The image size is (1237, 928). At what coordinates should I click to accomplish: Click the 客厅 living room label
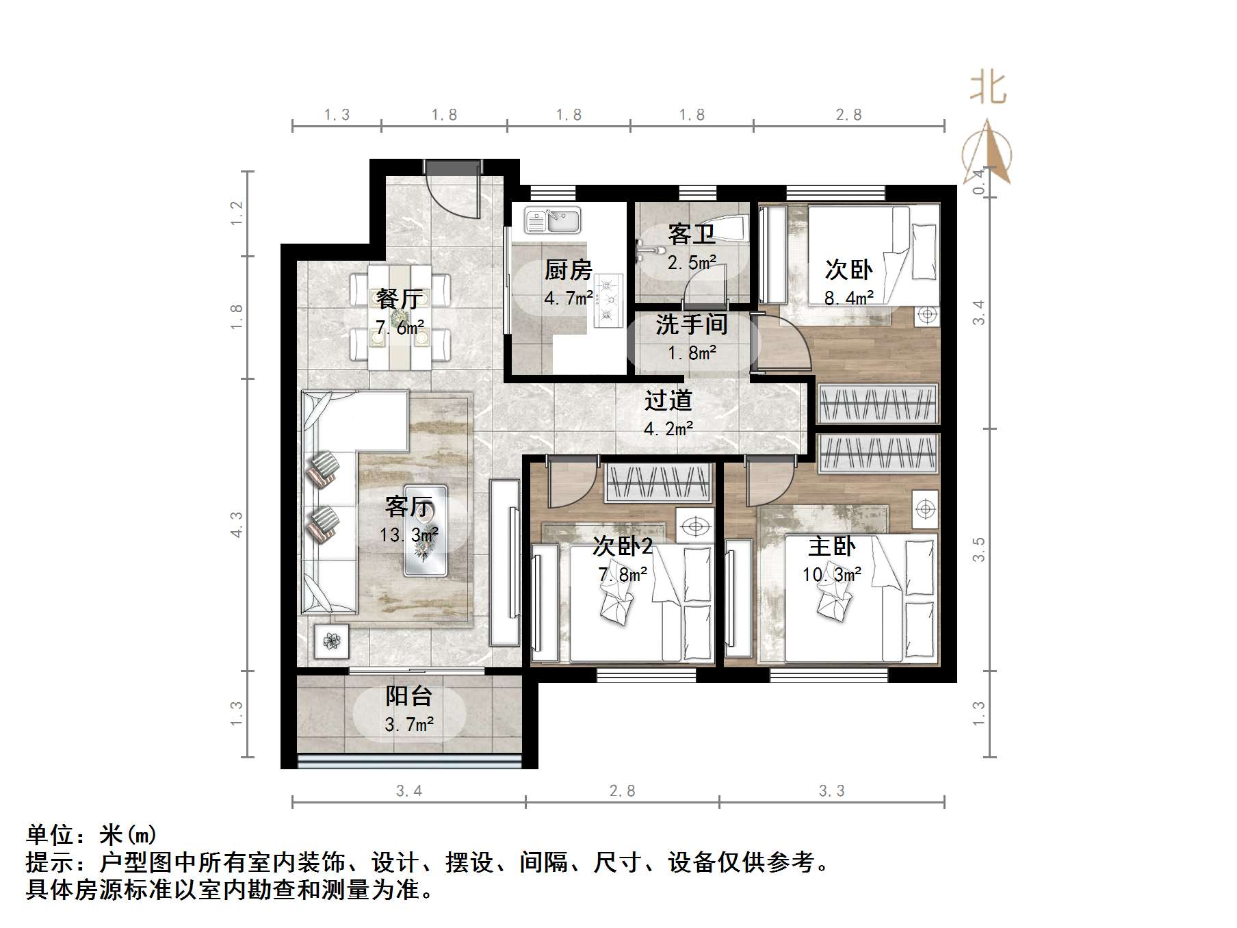[x=408, y=507]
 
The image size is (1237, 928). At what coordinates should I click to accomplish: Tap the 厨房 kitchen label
[x=568, y=270]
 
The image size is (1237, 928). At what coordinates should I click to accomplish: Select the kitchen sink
[x=553, y=221]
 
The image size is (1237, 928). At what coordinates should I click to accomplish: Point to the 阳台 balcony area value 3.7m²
[x=409, y=724]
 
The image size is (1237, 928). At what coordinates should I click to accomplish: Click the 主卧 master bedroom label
[x=831, y=547]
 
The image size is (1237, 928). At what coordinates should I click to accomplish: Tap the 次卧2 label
[x=622, y=547]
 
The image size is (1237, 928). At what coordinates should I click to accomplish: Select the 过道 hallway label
[x=668, y=400]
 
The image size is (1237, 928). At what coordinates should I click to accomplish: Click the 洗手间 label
[x=691, y=324]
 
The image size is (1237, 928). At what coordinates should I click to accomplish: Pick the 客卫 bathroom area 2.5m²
[x=692, y=263]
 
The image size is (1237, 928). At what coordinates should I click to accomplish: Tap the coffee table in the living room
[x=426, y=530]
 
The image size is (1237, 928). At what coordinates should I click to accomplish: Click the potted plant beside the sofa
[x=332, y=641]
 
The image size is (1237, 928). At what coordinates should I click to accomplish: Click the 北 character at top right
[x=989, y=89]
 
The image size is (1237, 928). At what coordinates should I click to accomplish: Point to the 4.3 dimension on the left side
[x=237, y=525]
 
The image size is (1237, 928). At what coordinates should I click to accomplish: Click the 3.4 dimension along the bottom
[x=409, y=791]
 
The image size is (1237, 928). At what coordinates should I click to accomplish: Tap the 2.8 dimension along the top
[x=848, y=115]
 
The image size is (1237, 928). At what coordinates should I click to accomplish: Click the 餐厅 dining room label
[x=400, y=299]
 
